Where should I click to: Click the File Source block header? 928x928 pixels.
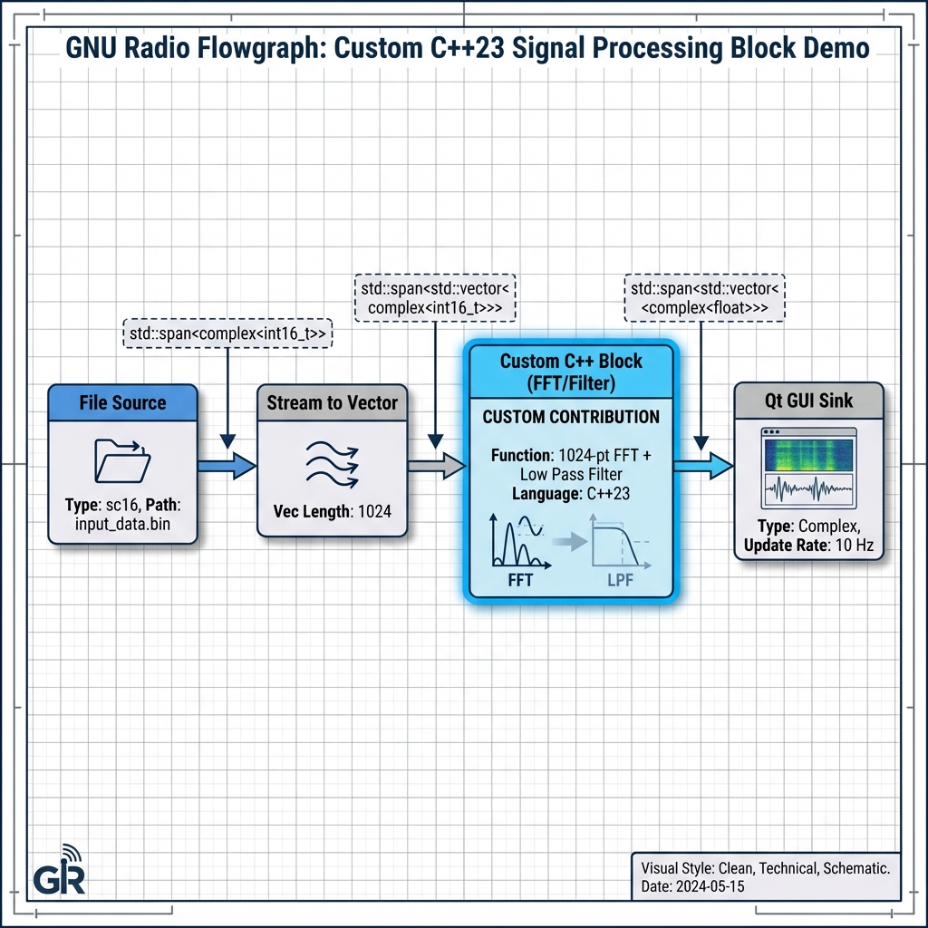pos(122,402)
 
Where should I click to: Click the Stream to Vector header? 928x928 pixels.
pos(332,402)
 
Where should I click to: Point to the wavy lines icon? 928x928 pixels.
pos(332,465)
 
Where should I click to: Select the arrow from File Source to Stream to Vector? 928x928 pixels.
pos(227,466)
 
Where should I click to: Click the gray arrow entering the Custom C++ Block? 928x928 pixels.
pos(436,466)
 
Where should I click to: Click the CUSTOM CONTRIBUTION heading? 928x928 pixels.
pos(571,418)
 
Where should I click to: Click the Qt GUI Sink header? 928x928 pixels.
pos(807,401)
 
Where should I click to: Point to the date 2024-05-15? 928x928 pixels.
pos(712,886)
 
